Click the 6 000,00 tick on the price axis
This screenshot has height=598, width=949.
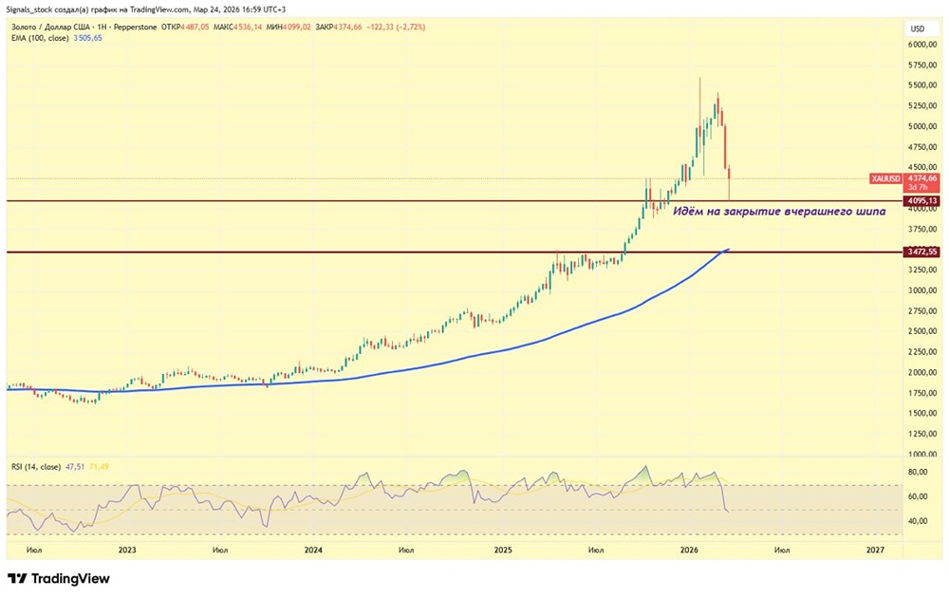click(x=922, y=45)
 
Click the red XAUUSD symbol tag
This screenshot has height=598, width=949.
click(x=884, y=178)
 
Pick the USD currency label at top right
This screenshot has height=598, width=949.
click(x=919, y=28)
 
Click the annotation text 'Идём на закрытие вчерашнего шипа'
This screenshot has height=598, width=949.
click(x=779, y=212)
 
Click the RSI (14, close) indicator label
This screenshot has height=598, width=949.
click(x=35, y=467)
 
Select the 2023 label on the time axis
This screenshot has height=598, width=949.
click(x=127, y=550)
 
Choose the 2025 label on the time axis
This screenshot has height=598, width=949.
click(x=502, y=550)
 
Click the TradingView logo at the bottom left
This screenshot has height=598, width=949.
click(x=59, y=579)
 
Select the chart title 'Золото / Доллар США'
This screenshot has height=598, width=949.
click(x=47, y=27)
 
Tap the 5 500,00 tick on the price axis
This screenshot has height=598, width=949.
click(x=922, y=85)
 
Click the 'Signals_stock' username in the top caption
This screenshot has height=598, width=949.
click(x=33, y=10)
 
